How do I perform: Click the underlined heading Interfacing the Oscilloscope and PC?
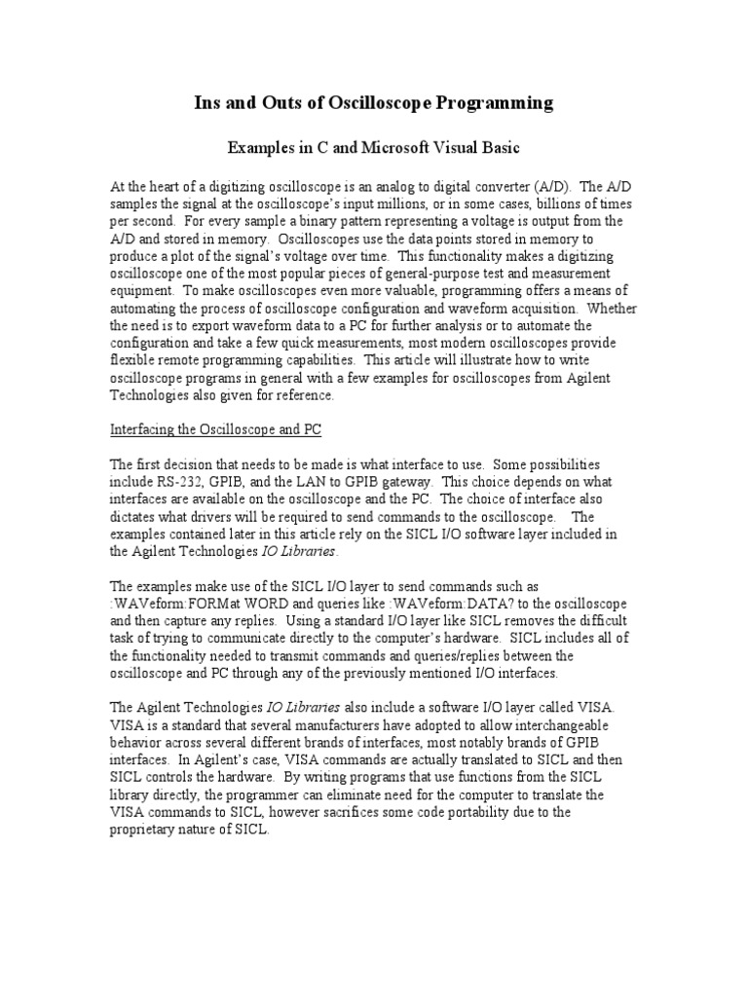215,430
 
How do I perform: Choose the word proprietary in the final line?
146,831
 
